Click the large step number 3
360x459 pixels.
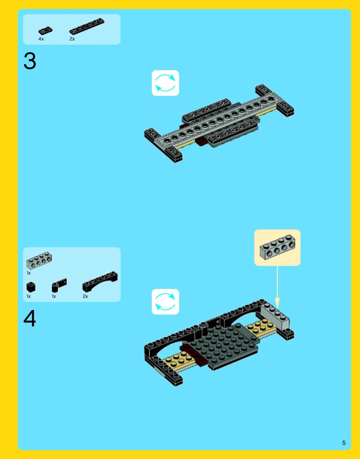tap(30, 61)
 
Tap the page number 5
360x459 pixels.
tap(344, 442)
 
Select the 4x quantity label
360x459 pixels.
tap(41, 39)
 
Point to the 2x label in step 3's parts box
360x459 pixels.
tap(72, 39)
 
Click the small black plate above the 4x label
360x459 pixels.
tap(45, 31)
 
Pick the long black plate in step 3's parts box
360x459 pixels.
tap(87, 26)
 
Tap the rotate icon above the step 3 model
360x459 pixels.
tap(165, 83)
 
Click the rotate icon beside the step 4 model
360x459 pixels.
tap(165, 301)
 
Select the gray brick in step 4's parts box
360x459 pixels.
tap(39, 260)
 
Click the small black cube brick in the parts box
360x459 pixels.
tap(31, 287)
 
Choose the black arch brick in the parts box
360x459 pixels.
tap(100, 282)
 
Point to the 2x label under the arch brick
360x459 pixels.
tap(85, 296)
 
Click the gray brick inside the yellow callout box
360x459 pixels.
tap(277, 247)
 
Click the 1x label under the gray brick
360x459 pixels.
tap(29, 273)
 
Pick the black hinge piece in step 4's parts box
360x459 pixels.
tap(59, 285)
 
